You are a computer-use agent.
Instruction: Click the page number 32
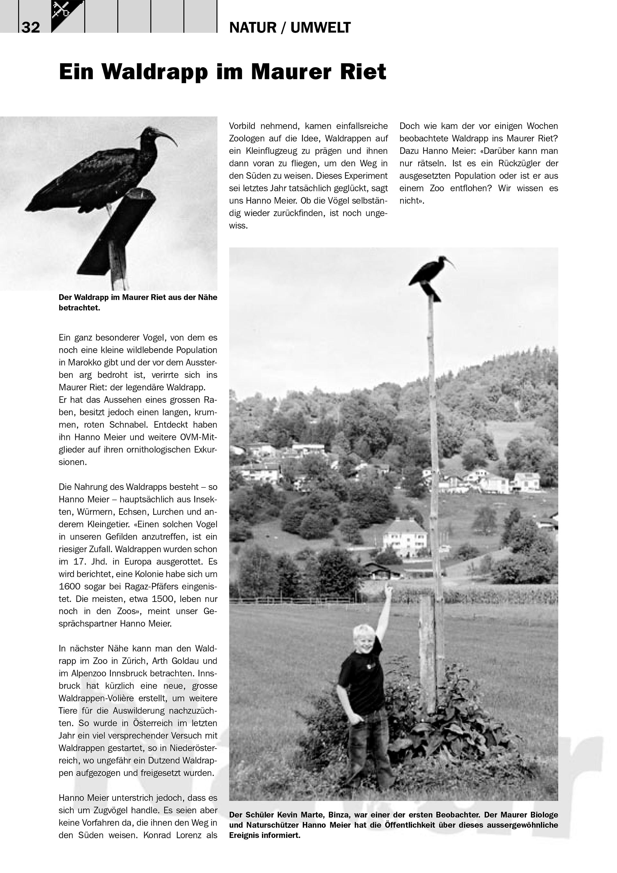pyautogui.click(x=31, y=28)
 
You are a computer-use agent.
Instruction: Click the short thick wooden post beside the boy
pyautogui.click(x=427, y=654)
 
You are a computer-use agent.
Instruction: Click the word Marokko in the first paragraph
pyautogui.click(x=84, y=362)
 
